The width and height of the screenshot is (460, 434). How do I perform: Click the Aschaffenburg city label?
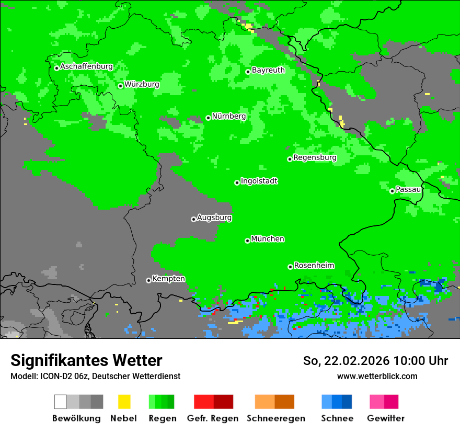(86, 67)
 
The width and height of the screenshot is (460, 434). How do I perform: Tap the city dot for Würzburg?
(120, 86)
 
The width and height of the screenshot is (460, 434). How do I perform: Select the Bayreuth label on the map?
(268, 70)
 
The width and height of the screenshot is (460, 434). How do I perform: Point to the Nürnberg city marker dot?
(208, 118)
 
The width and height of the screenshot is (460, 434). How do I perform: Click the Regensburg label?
(315, 157)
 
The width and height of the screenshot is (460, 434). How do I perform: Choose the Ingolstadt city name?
(259, 181)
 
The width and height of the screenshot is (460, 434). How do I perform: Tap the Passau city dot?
(392, 191)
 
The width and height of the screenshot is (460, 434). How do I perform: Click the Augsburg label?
(214, 218)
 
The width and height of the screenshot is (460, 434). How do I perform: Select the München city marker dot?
(247, 241)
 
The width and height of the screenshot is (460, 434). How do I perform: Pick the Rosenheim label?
(314, 265)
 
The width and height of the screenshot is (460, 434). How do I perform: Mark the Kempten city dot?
(148, 280)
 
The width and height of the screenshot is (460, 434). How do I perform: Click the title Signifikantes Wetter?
(86, 360)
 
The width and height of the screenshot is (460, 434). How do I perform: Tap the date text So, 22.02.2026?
(347, 361)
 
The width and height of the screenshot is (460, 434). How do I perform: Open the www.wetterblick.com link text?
(377, 376)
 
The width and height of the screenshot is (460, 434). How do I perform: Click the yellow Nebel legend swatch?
(124, 402)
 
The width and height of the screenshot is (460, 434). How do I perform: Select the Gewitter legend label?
(385, 418)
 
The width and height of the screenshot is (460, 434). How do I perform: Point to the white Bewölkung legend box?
(60, 402)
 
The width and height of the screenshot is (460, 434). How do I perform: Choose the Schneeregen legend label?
(275, 418)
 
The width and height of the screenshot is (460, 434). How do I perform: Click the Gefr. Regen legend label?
(212, 418)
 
